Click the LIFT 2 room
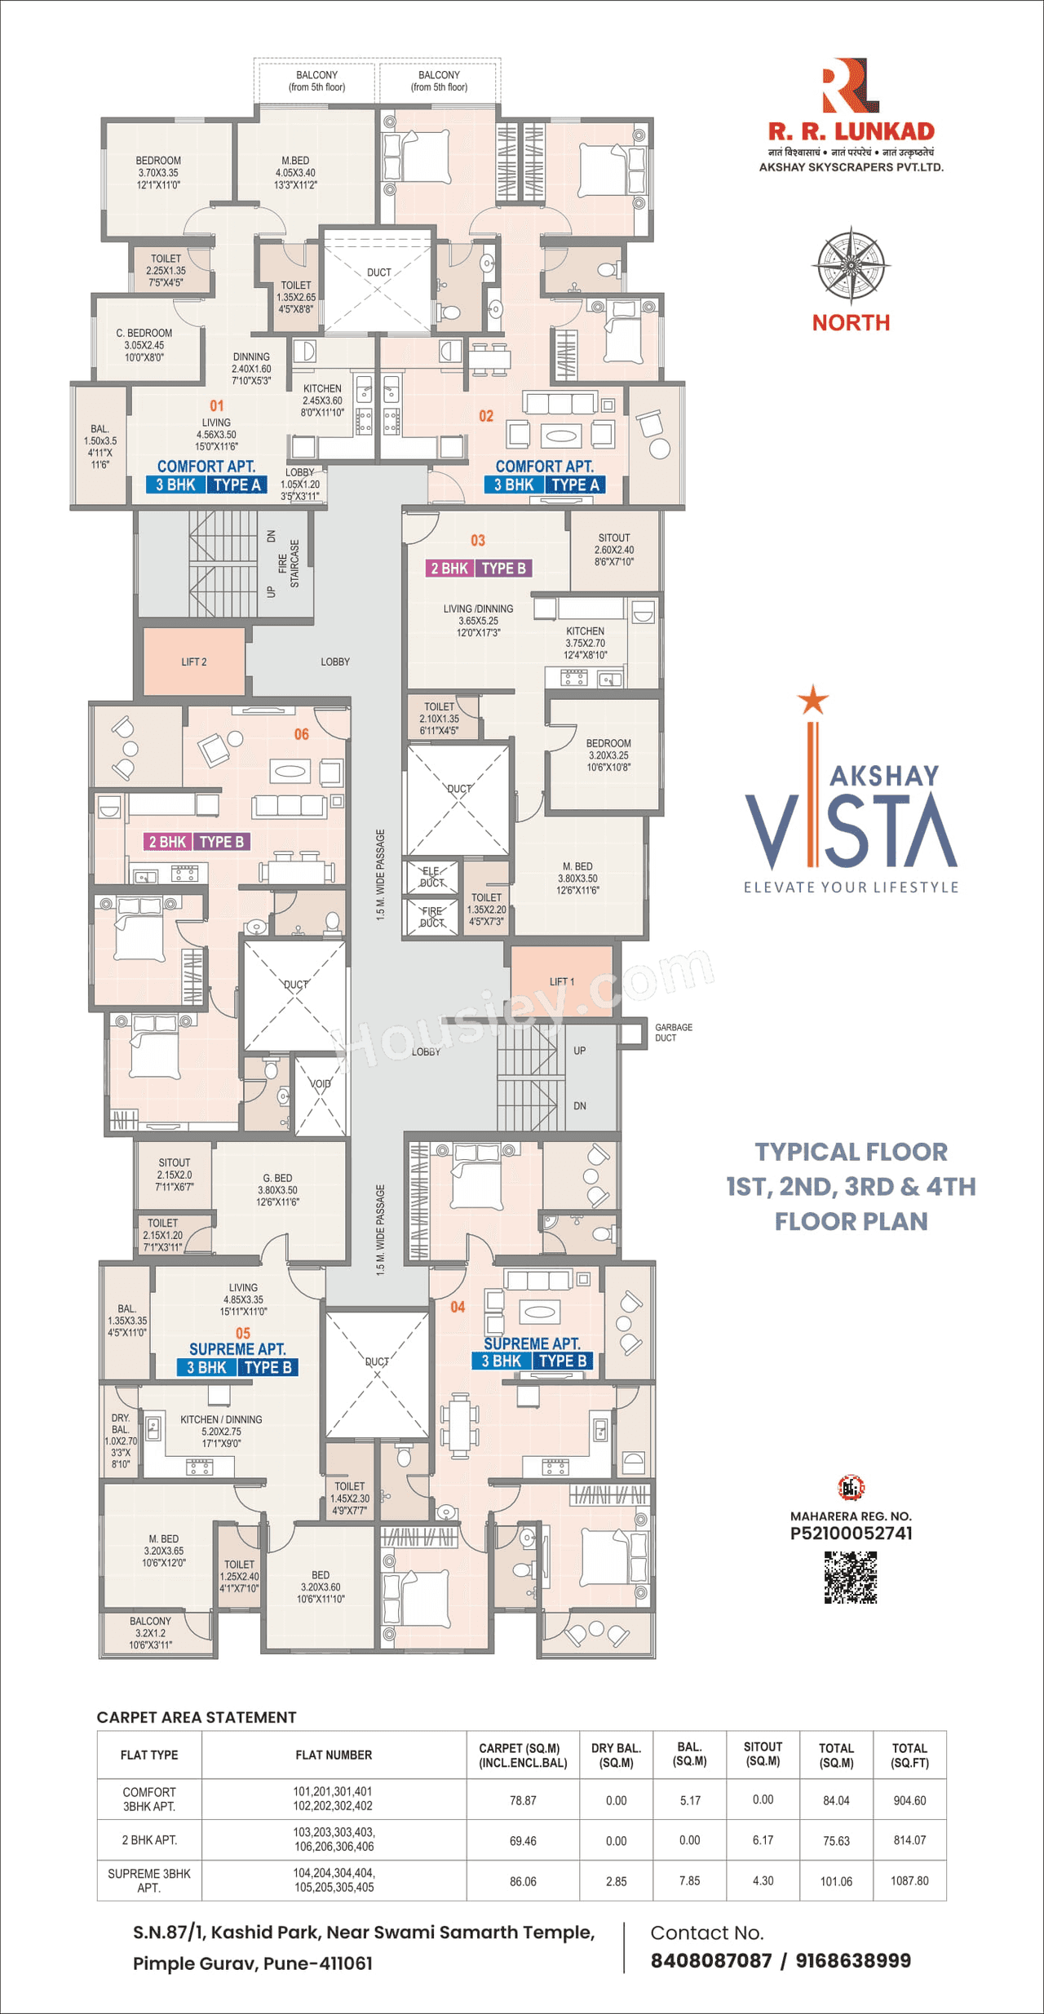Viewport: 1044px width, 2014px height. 194,662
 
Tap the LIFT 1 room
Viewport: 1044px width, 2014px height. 561,981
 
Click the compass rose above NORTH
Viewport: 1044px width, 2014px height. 851,265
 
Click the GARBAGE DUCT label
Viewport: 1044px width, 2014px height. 673,1032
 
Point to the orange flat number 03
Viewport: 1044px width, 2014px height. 478,540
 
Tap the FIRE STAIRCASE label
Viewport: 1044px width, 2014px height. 289,563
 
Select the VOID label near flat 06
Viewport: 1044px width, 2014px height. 321,1084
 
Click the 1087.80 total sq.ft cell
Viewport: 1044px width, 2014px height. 909,1880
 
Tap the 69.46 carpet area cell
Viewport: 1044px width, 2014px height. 523,1840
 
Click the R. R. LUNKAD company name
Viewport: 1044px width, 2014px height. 851,131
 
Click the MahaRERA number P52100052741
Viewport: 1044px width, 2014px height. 851,1533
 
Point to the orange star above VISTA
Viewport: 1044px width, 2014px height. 812,699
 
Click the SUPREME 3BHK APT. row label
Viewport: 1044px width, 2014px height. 149,1880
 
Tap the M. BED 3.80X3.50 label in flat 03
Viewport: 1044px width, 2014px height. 577,878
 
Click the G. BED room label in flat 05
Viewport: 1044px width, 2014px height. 277,1189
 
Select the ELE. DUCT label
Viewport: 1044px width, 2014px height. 431,876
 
